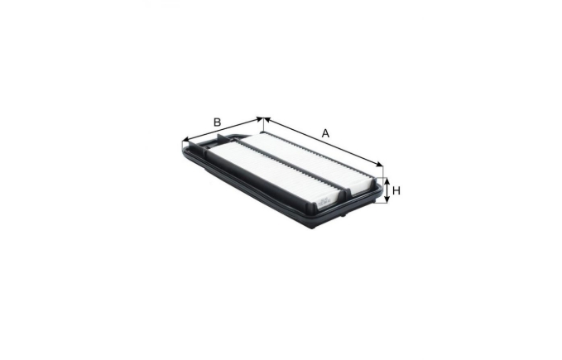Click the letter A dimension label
tap(325, 133)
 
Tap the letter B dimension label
tap(217, 122)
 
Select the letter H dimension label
tap(396, 190)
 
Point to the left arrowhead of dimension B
tap(185, 139)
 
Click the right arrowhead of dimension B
tap(260, 118)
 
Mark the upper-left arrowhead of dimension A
tap(267, 120)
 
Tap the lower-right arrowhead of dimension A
tap(379, 164)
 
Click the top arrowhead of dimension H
tap(387, 181)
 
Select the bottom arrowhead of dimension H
tap(387, 199)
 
